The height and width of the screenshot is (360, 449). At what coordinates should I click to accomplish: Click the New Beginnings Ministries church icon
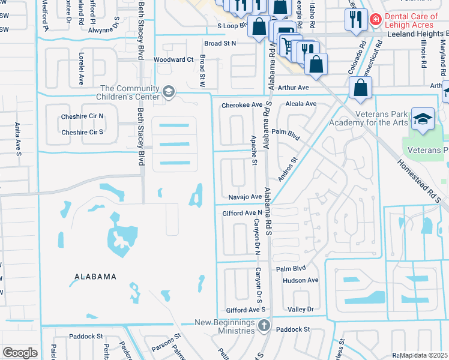[264, 326]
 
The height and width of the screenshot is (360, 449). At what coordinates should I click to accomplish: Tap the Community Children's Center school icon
[169, 92]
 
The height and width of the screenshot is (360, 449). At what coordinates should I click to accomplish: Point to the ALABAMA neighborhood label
[95, 277]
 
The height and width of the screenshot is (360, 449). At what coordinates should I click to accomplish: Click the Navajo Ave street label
[245, 197]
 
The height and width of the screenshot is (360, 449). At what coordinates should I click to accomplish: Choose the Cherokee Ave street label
[242, 104]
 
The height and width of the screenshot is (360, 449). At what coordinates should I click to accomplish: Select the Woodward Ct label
[173, 60]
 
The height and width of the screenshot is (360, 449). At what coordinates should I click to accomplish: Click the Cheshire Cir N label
[82, 116]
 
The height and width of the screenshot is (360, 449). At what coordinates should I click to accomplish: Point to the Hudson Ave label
[300, 280]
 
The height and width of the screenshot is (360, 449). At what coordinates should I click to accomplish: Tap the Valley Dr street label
[301, 309]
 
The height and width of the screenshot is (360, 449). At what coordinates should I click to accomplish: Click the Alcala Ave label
[301, 104]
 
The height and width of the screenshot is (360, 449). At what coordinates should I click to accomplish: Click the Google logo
[20, 352]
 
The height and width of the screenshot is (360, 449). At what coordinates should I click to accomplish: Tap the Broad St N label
[220, 43]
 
